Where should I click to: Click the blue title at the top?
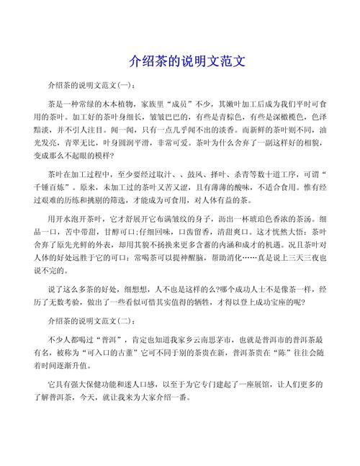tap(180, 62)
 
